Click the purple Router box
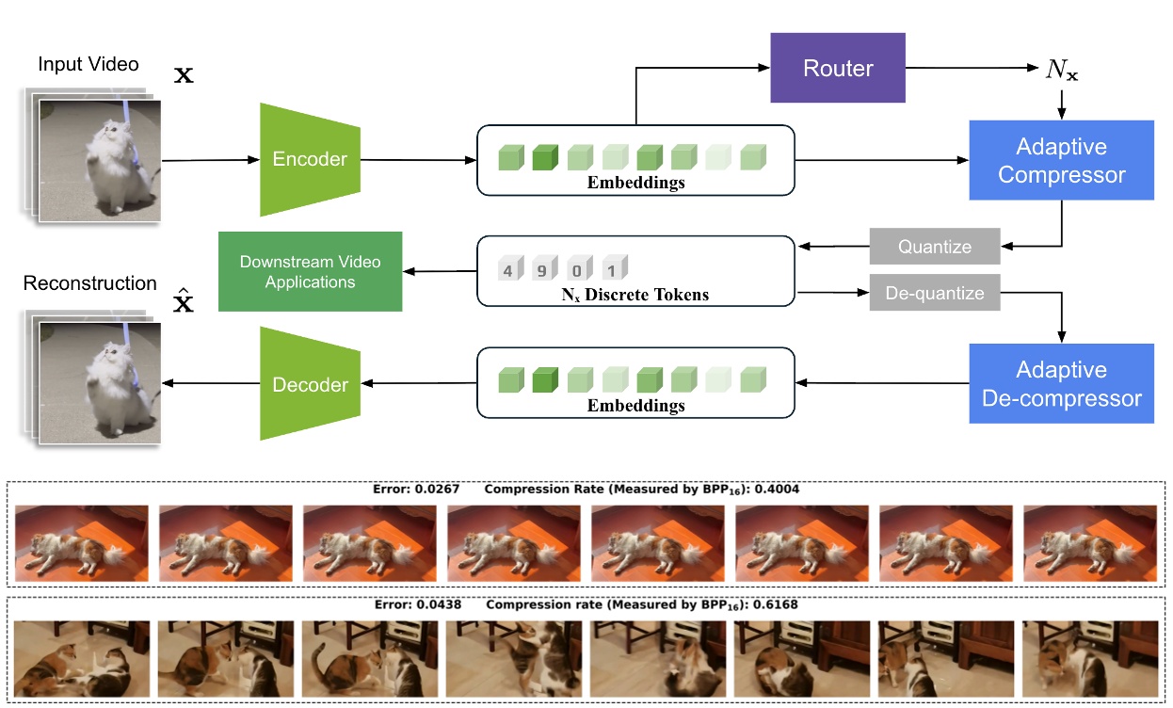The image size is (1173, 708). click(x=837, y=68)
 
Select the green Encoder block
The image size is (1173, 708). click(x=310, y=159)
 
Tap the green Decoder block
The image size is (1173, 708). click(x=310, y=384)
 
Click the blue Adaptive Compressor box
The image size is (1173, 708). click(x=1061, y=160)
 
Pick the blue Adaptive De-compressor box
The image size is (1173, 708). click(x=1061, y=383)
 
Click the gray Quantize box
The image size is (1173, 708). click(x=934, y=247)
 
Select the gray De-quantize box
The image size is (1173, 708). click(x=934, y=294)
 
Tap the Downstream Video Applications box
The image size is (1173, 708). click(x=310, y=271)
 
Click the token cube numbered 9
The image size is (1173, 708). click(x=544, y=268)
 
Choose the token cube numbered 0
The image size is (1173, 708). click(x=579, y=268)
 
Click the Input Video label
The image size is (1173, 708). click(x=88, y=65)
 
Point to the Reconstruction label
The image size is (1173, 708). click(x=89, y=283)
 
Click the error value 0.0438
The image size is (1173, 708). click(x=439, y=604)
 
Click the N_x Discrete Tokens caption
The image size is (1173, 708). click(x=635, y=295)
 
